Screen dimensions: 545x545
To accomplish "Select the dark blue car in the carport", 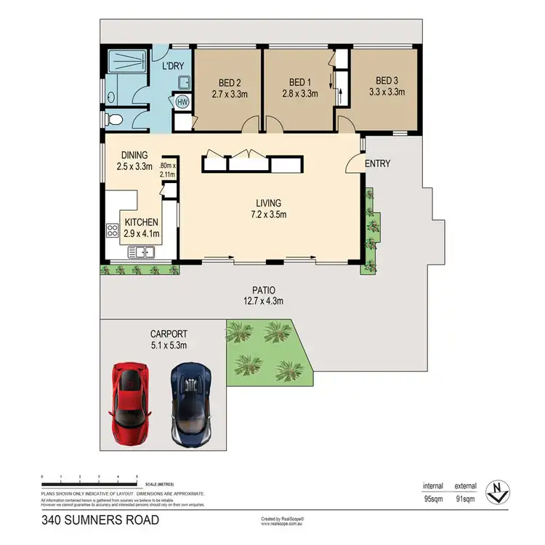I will point(190,399).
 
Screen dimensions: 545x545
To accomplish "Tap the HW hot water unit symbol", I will point(182,102).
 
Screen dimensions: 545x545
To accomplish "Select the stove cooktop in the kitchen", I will point(113,232).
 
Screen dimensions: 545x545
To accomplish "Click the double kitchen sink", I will point(141,252).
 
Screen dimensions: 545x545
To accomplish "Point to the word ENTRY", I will point(377,163).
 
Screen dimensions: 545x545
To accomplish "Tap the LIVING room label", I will point(268,203).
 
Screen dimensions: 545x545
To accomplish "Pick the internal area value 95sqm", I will point(433,498).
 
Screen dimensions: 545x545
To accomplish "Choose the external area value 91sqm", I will point(465,498).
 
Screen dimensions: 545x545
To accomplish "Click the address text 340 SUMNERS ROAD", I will point(100,520).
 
